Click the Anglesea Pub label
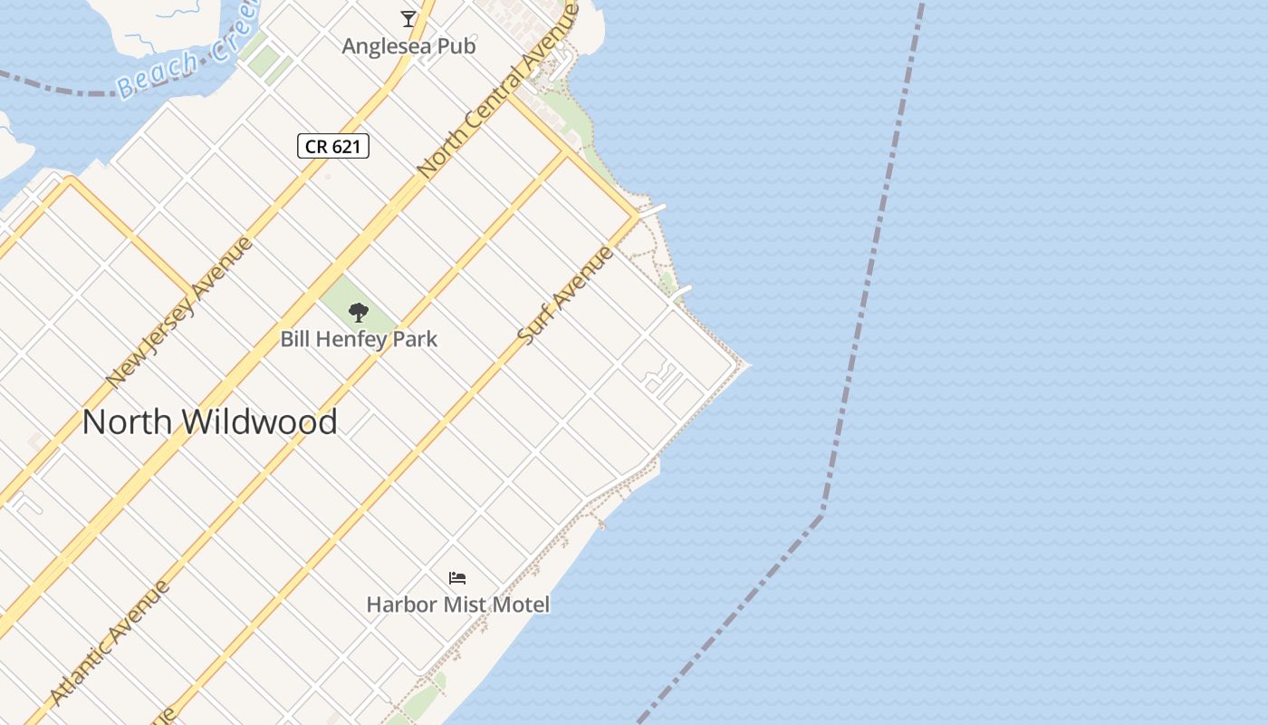408,46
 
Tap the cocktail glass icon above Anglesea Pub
408,18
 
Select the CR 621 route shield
333,146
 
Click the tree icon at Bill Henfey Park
359,313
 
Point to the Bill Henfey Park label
359,340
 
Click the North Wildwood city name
210,422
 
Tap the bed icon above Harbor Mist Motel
457,577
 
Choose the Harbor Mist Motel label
457,604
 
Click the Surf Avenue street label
565,295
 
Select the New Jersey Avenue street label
178,312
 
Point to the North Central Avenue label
497,91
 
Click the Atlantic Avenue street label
110,642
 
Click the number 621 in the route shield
346,146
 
